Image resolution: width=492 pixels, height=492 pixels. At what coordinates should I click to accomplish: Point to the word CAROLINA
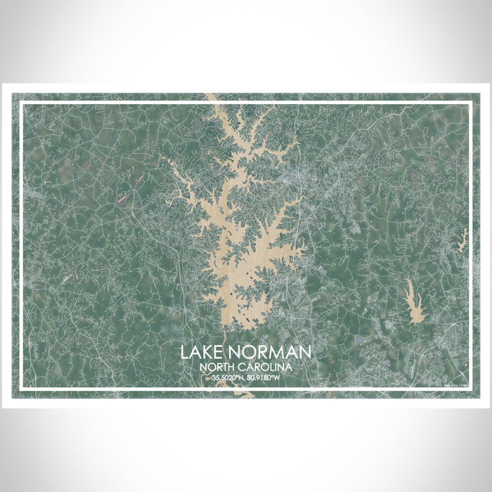pos(266,366)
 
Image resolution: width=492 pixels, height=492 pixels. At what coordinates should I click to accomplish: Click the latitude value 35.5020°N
pos(226,379)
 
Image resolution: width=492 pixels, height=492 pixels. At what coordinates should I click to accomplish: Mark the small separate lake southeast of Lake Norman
pos(410,296)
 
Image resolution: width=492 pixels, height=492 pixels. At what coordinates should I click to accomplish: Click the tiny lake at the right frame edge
pos(464,239)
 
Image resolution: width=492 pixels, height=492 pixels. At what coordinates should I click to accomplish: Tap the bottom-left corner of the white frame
pos(21,388)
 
